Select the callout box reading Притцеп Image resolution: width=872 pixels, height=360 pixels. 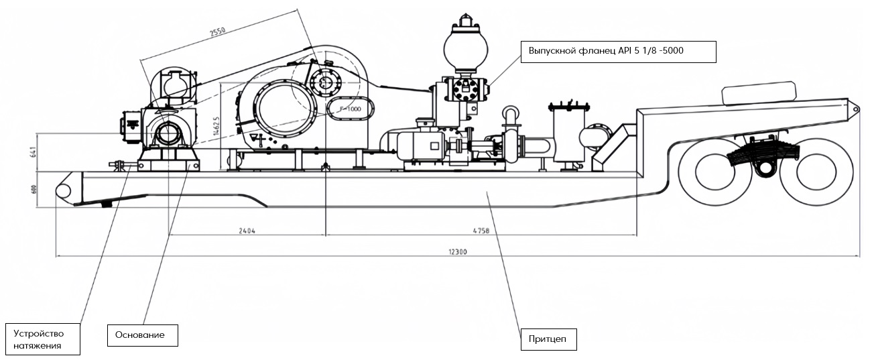(549, 339)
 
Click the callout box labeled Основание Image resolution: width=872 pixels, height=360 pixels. (142, 335)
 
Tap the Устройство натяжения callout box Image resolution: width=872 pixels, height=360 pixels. (43, 339)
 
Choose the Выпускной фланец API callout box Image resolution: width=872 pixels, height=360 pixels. (619, 51)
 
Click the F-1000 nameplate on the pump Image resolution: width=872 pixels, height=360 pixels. (349, 109)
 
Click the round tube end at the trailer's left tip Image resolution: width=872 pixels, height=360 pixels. (65, 190)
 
